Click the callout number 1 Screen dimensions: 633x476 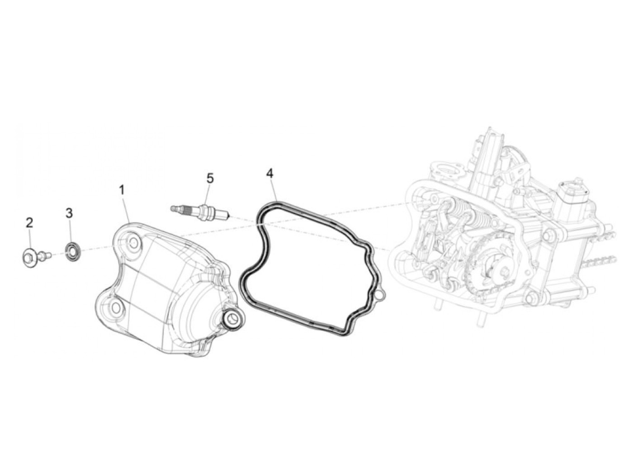tap(122, 190)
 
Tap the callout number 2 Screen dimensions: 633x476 tap(29, 223)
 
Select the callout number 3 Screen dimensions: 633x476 tap(69, 213)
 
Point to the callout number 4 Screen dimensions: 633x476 tap(269, 173)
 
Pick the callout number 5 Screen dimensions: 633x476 tap(210, 179)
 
